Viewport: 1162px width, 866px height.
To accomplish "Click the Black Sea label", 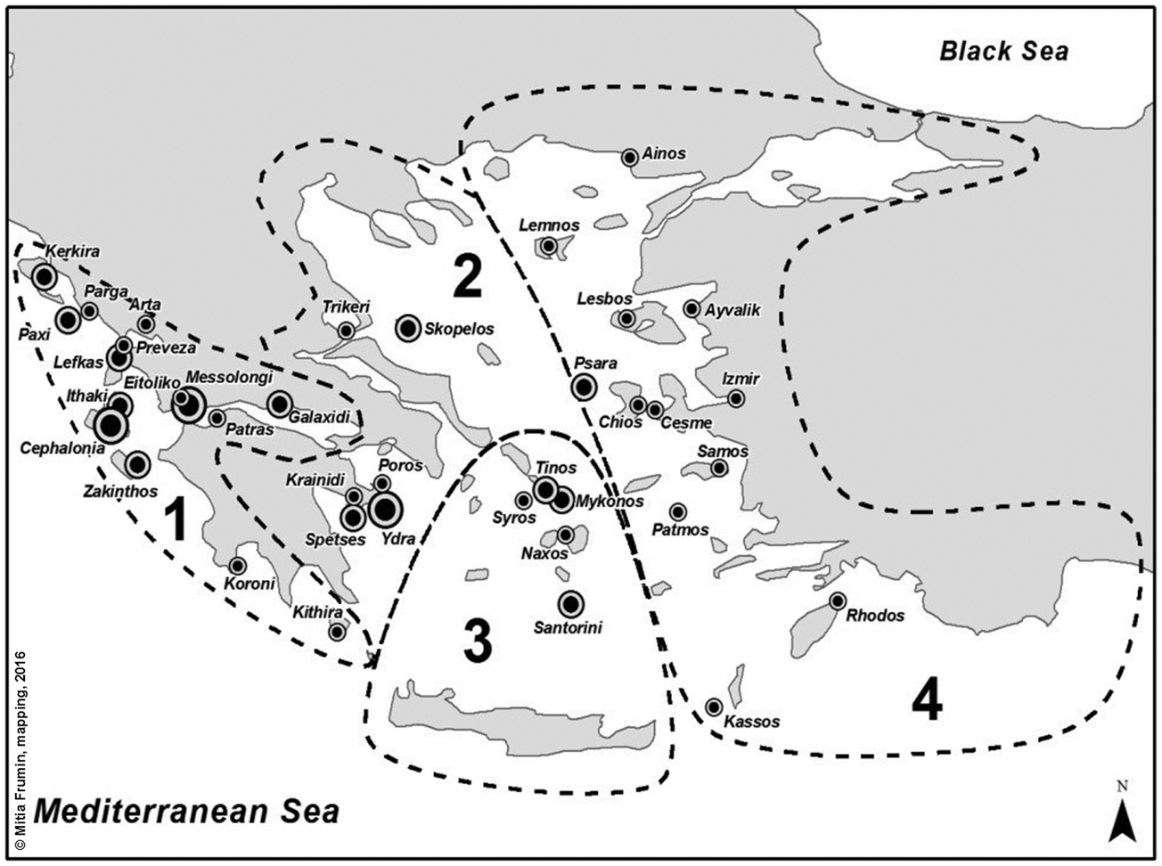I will coord(1003,51).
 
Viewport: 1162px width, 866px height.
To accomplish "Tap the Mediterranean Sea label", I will coord(186,812).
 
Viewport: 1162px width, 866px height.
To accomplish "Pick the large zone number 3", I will coord(478,641).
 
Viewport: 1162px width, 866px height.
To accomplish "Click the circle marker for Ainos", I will coord(630,158).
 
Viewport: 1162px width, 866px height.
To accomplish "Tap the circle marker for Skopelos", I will coord(408,329).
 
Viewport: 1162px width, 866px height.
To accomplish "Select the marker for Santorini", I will coord(571,604).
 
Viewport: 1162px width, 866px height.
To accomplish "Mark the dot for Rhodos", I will coord(838,601).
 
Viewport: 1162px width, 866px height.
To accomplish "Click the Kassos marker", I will coord(714,707).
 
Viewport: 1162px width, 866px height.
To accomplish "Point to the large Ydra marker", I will coord(386,509).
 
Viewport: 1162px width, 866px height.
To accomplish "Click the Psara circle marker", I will coord(584,387).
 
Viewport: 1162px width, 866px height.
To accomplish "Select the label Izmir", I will coord(741,379).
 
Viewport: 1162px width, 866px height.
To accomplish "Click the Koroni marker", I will coord(238,566).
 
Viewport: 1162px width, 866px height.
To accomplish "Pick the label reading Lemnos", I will coord(549,225).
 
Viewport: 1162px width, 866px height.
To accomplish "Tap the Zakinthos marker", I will coord(137,464).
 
